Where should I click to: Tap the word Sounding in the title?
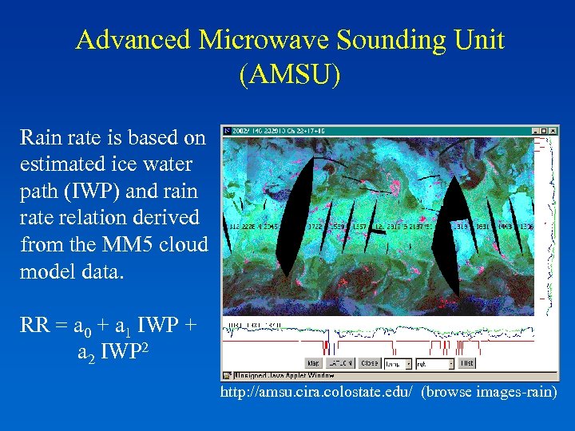(380, 41)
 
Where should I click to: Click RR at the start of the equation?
(34, 327)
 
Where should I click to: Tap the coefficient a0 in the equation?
(82, 329)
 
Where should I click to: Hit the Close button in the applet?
(368, 363)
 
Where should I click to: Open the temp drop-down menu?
(407, 363)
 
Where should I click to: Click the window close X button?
(553, 130)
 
